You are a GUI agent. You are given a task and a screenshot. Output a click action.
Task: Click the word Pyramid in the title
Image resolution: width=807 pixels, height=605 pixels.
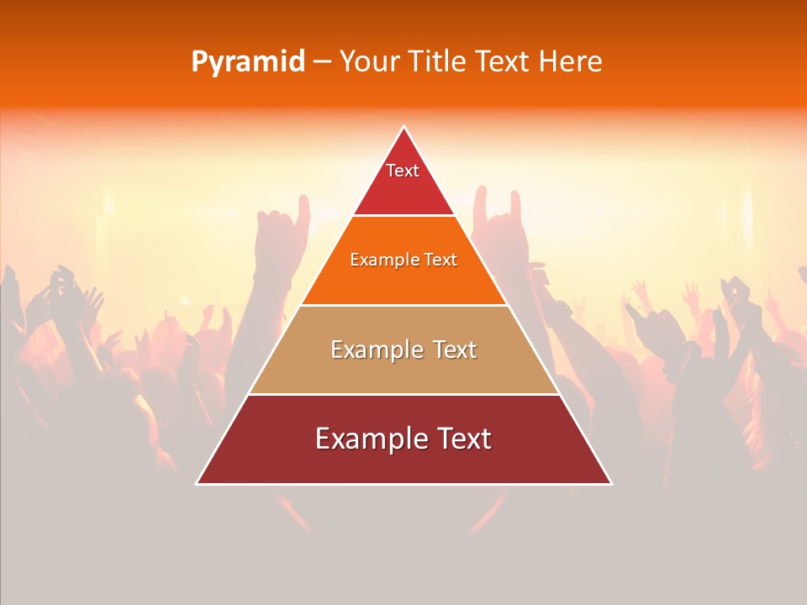(x=247, y=62)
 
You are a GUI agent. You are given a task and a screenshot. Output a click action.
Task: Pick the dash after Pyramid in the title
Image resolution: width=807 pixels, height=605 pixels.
(x=322, y=62)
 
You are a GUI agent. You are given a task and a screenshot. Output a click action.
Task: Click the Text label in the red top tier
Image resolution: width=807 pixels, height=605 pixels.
(x=403, y=171)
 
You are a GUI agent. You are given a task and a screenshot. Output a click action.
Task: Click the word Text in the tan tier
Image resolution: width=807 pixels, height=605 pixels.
(x=455, y=350)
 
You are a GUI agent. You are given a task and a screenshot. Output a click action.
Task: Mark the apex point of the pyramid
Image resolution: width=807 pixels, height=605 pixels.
(x=404, y=127)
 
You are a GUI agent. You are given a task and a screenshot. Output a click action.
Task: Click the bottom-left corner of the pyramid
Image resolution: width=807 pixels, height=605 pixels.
(x=197, y=483)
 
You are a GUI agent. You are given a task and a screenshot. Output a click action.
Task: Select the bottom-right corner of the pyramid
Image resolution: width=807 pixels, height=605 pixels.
(x=611, y=483)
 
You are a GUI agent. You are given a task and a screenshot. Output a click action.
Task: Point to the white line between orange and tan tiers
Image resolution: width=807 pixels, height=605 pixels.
(x=404, y=305)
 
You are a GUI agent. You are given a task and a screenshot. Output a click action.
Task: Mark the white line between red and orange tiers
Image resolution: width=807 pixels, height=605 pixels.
(x=404, y=216)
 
